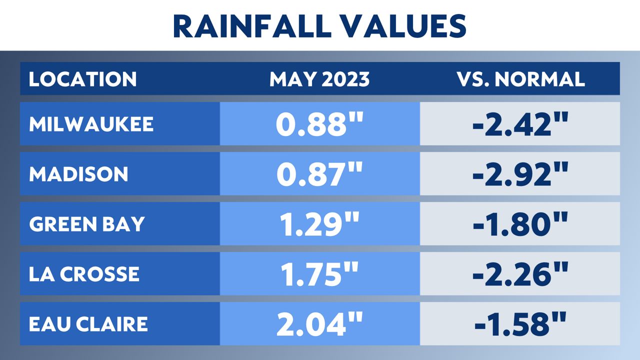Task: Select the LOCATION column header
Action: tap(82, 79)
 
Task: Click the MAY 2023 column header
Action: tap(319, 79)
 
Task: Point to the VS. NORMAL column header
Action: tap(520, 79)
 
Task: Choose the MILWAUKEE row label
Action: tap(91, 124)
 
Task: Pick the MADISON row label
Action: tap(78, 174)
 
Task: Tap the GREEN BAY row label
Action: tap(86, 224)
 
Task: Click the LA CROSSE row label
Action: tap(84, 274)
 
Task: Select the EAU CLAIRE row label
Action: tap(88, 324)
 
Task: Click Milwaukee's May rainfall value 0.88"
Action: tap(319, 124)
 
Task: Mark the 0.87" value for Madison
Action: tap(319, 174)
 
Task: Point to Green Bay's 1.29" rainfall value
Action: tap(319, 224)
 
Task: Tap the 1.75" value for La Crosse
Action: tap(319, 274)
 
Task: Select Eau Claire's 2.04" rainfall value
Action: tap(319, 324)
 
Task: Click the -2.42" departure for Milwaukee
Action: tap(520, 124)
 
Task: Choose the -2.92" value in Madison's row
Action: tap(520, 174)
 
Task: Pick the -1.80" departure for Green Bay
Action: tap(520, 224)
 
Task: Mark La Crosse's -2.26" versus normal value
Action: tap(520, 274)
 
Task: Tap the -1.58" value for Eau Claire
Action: tap(520, 324)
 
